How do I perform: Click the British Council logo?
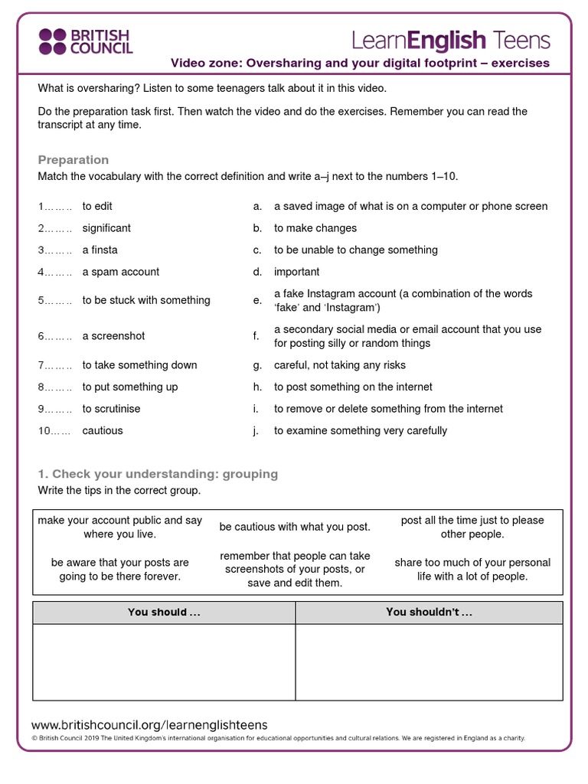(86, 42)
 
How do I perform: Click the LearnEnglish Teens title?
(450, 40)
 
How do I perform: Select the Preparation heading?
(73, 159)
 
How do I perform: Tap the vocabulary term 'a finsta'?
(100, 250)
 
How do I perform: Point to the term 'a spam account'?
(121, 272)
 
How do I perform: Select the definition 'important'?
(297, 272)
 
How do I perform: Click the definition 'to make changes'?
(315, 228)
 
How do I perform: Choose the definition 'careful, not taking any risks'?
(340, 365)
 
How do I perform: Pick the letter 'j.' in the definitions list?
(256, 431)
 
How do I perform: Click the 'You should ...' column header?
(164, 612)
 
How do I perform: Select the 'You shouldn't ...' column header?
(429, 612)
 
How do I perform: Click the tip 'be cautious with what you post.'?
(295, 527)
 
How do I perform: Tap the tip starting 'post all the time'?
(472, 527)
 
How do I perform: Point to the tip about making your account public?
(120, 527)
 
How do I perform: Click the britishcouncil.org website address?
(149, 725)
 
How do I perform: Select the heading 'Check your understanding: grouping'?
(158, 474)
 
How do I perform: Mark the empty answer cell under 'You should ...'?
(164, 661)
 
